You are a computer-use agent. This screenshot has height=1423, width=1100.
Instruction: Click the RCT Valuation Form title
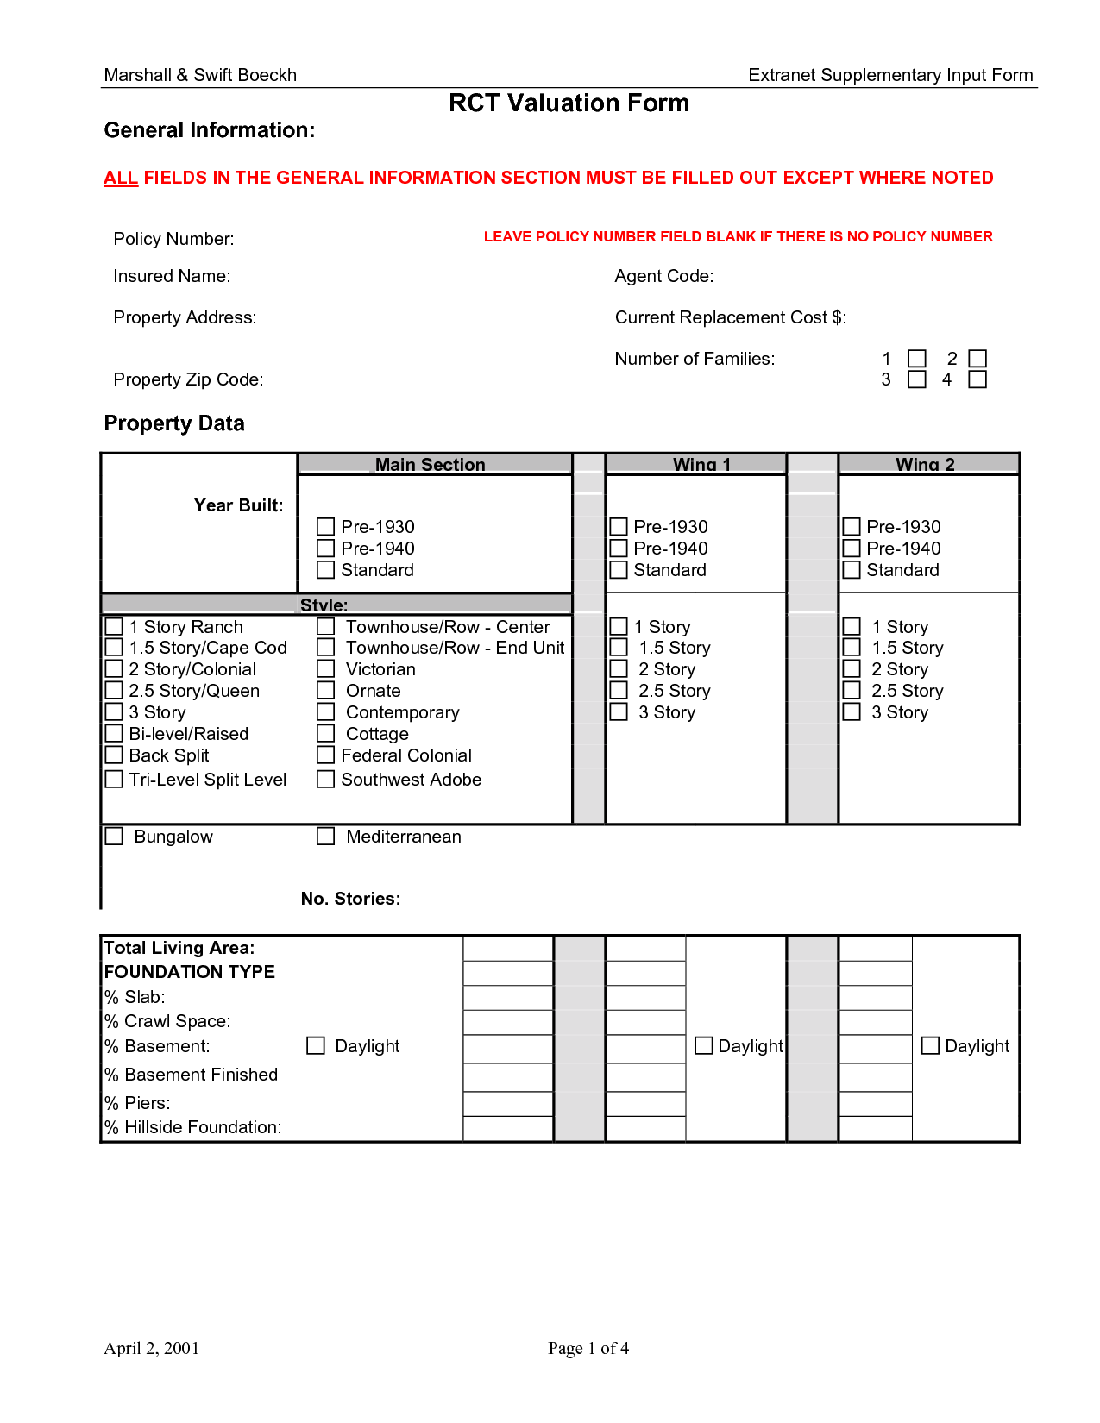coord(569,103)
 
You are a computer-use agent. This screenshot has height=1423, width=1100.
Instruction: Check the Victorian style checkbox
coord(325,669)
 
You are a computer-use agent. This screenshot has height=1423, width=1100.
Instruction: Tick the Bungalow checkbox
coord(114,837)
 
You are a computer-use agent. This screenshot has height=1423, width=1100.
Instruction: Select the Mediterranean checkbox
coord(325,837)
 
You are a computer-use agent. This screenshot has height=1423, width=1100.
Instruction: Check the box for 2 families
coord(977,359)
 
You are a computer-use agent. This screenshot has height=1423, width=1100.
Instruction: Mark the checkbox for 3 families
coord(917,379)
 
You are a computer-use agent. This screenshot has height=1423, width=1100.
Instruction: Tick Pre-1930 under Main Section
coord(325,527)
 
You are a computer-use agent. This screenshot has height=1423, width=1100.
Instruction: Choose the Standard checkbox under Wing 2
coord(852,570)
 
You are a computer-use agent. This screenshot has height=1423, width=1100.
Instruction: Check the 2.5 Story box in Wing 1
coord(619,691)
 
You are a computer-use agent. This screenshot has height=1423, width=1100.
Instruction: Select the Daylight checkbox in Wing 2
coord(930,1046)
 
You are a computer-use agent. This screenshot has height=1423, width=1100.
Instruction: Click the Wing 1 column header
coord(701,464)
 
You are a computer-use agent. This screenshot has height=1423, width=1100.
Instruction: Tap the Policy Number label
coord(173,239)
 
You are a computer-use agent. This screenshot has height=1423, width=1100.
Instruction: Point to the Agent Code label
coord(663,276)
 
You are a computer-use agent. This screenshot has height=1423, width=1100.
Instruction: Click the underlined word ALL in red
coord(121,179)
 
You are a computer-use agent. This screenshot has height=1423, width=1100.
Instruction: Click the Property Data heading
coord(174,423)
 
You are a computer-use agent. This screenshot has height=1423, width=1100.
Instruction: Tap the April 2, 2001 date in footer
coord(151,1348)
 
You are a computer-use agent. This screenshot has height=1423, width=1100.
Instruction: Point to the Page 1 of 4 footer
coord(588,1348)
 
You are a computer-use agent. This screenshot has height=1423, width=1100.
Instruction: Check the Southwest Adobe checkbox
coord(325,780)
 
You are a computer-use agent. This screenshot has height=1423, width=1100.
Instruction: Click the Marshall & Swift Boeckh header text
coord(200,75)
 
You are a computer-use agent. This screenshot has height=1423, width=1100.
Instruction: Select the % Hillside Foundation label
coord(192,1127)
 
